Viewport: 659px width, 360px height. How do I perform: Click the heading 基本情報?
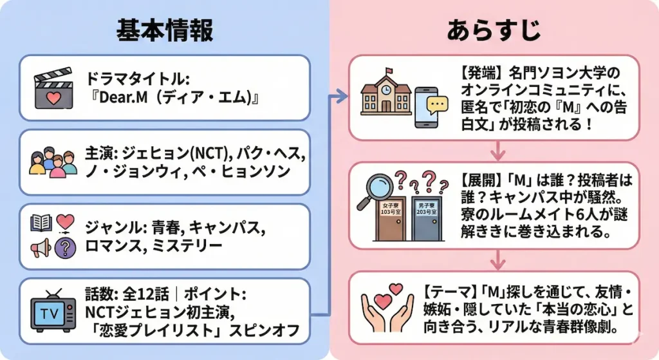pyautogui.click(x=164, y=30)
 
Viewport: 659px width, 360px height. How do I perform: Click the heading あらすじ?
pyautogui.click(x=494, y=30)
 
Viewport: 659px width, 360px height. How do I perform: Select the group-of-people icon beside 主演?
pyautogui.click(x=53, y=162)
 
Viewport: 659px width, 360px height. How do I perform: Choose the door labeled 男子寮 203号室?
pyautogui.click(x=427, y=218)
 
